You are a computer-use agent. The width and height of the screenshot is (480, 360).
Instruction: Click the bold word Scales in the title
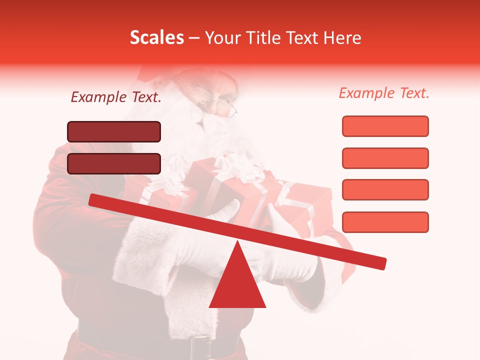pos(156,38)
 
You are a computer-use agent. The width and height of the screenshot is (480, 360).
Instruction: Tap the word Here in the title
pos(342,38)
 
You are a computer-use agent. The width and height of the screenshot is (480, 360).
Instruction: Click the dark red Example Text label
pos(116,97)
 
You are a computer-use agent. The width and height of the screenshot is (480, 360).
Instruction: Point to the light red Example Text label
pos(384,93)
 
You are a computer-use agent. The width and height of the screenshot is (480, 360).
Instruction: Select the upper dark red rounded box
pos(114,131)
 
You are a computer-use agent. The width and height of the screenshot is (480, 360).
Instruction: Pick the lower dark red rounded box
pos(114,163)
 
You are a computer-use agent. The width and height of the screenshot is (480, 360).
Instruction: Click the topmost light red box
pos(385,126)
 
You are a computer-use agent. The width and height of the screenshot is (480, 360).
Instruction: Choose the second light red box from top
pos(385,158)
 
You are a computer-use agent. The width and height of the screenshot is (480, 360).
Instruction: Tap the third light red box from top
pos(385,189)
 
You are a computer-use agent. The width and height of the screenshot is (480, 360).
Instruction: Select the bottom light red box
pos(385,222)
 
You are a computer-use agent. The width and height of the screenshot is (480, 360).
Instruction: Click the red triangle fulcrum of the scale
pos(237,285)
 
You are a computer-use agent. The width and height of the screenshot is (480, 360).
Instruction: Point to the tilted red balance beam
pos(237,230)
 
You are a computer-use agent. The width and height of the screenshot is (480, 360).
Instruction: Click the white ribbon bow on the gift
pos(240,167)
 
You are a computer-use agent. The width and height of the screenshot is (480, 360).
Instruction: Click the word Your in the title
pos(222,38)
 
